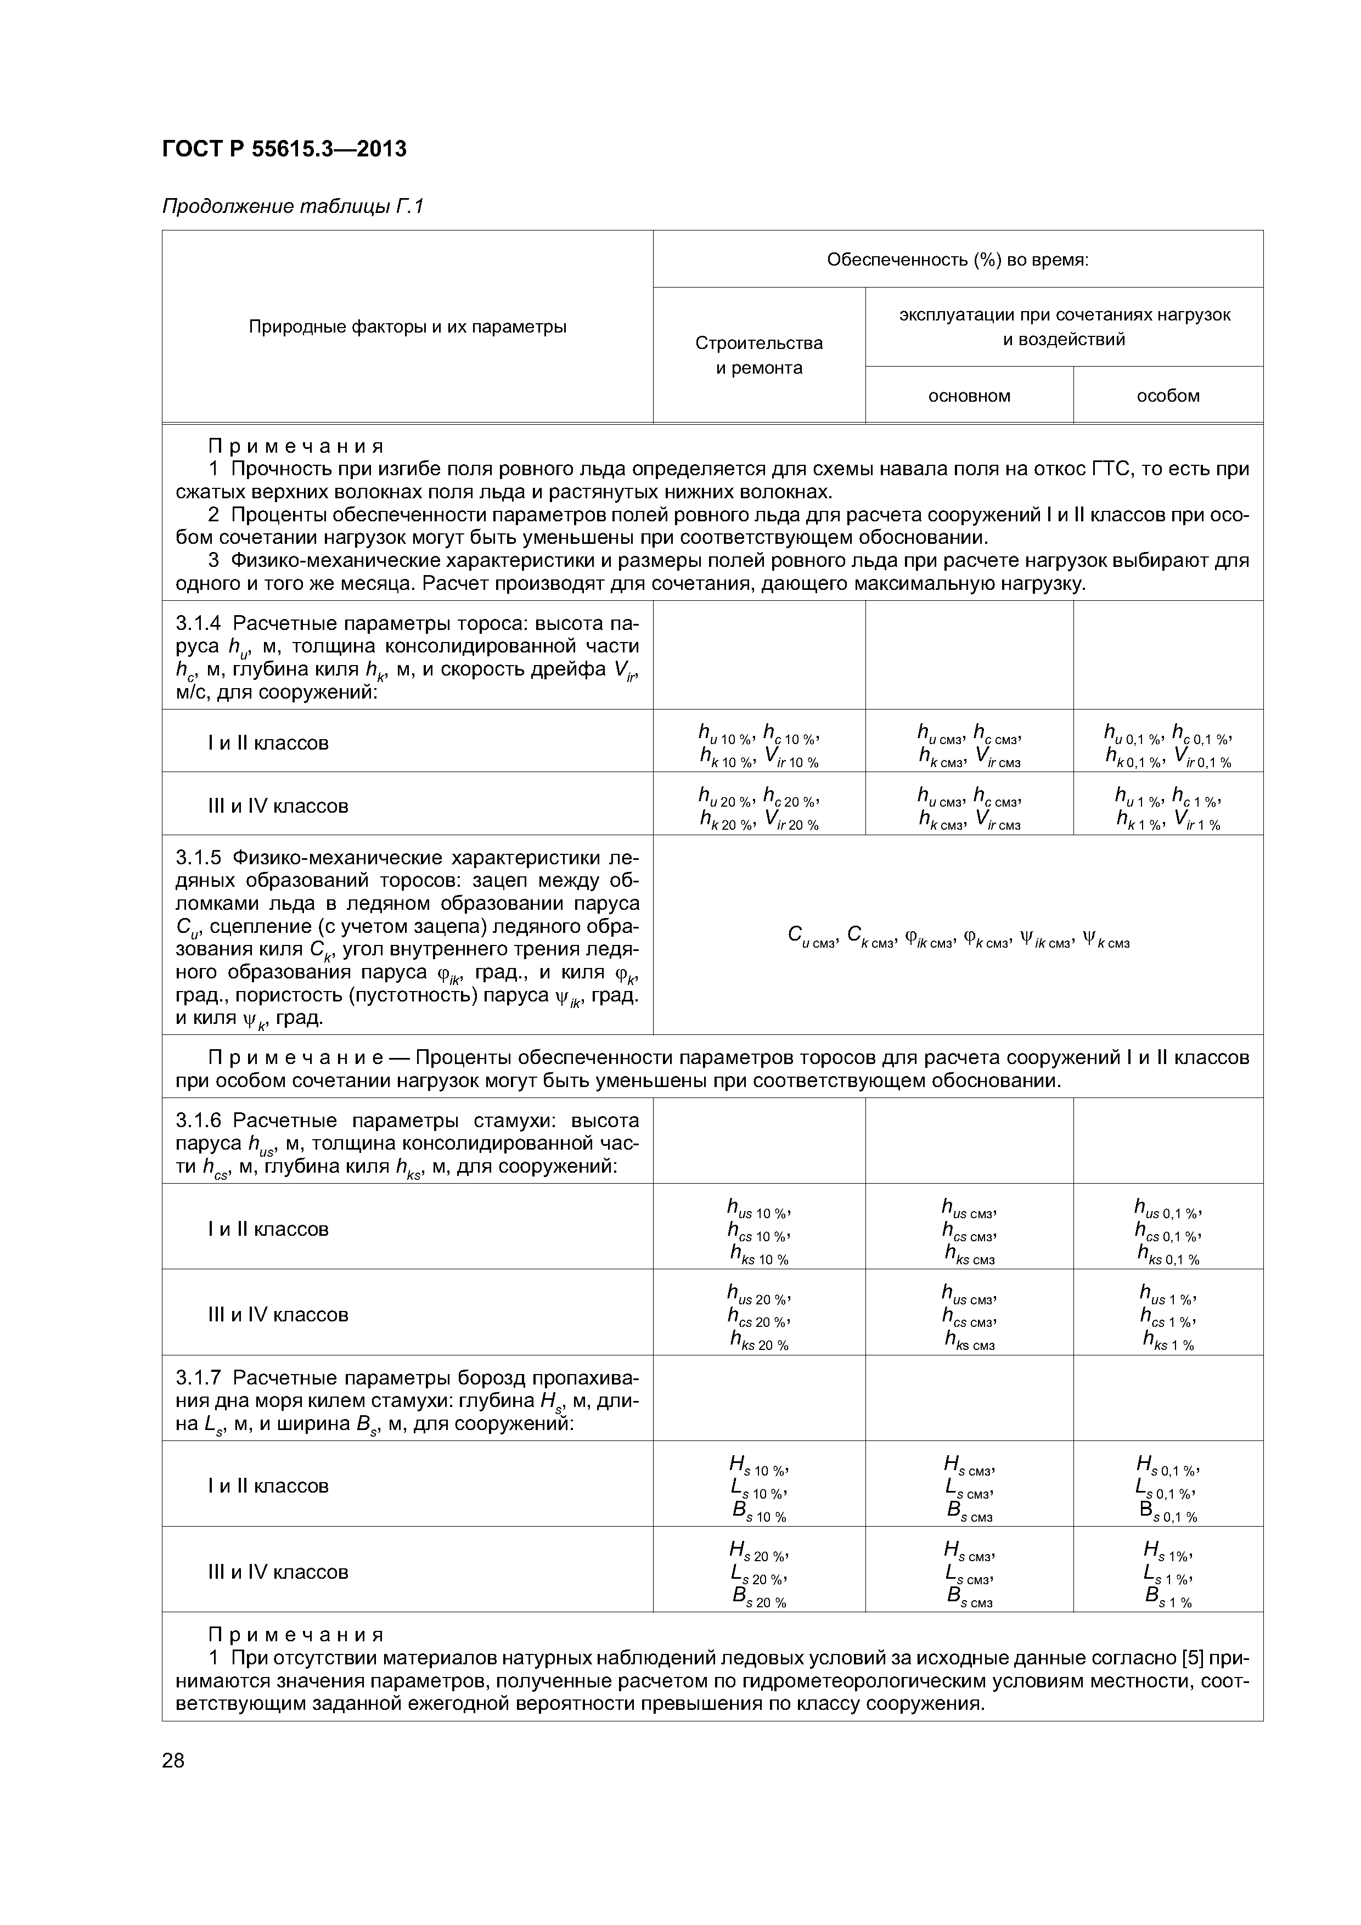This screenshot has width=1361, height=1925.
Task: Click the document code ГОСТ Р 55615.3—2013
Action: pos(283,149)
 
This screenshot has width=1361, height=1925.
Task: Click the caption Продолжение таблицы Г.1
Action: pos(293,206)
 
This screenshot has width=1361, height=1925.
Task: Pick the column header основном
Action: pos(969,396)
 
